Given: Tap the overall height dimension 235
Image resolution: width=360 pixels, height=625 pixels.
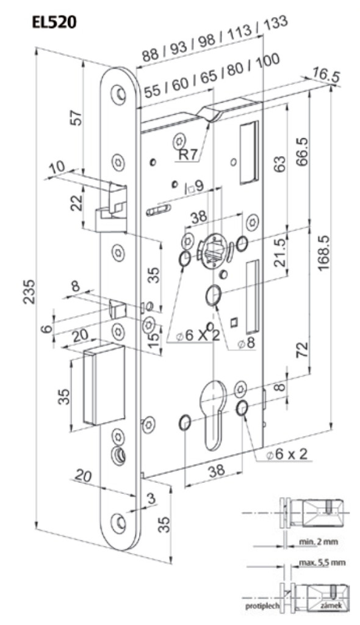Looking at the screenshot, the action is (29, 292).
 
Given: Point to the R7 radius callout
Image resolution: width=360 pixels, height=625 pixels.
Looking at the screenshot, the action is (188, 154).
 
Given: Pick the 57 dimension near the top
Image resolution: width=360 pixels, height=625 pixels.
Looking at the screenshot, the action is (77, 118).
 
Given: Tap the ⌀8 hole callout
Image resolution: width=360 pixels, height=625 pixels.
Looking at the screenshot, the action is (245, 343).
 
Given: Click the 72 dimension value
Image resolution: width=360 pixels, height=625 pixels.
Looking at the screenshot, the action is (303, 350).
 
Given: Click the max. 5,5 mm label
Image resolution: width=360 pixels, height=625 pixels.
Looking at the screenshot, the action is (322, 562).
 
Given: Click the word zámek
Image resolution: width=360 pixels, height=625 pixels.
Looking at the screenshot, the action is (329, 605).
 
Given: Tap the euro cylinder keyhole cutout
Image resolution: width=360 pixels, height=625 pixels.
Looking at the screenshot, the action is (214, 414).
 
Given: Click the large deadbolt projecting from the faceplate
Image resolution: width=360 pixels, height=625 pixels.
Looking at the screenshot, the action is (104, 385).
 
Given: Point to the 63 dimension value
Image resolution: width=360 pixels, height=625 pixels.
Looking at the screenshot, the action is (281, 163).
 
